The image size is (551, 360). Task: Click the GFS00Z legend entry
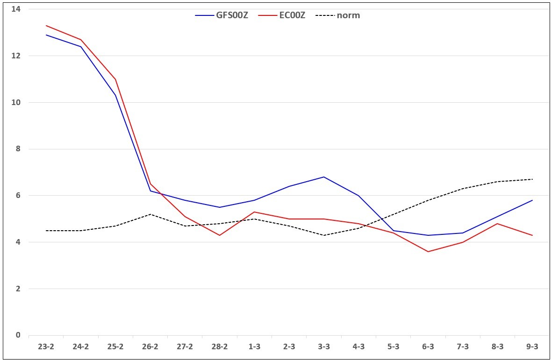tap(222, 15)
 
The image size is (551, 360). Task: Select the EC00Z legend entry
tap(282, 15)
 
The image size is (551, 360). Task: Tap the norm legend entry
tap(338, 15)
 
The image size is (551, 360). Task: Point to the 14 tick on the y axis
tap(16, 9)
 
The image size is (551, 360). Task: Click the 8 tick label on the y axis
tap(18, 149)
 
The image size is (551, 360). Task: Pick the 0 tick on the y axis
tap(18, 335)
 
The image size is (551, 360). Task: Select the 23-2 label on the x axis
tap(46, 346)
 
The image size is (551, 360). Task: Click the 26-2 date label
tap(150, 346)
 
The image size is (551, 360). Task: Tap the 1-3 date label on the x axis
tap(254, 346)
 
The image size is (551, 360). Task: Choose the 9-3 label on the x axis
tap(532, 346)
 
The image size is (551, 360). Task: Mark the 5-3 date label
tap(393, 346)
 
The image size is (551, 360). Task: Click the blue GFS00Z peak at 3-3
tap(324, 177)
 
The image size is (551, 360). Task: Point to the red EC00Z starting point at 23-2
tap(46, 26)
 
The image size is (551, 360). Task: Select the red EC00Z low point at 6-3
tap(428, 252)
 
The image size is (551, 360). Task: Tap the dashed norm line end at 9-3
tap(532, 179)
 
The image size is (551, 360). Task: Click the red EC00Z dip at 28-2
tap(220, 235)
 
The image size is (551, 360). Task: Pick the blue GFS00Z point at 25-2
tap(115, 95)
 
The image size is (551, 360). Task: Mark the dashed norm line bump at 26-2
tap(150, 214)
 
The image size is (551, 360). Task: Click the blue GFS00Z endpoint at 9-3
tap(532, 200)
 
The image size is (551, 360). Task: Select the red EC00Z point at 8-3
tap(498, 223)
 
